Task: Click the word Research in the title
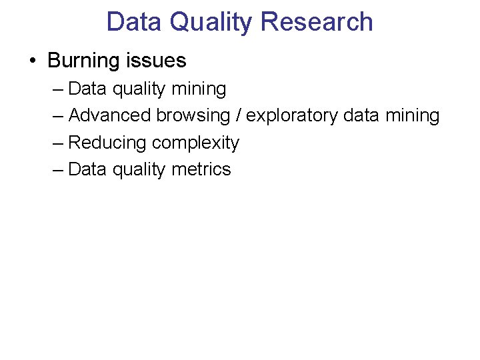tap(317, 22)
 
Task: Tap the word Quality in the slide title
tap(211, 22)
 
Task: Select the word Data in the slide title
tap(134, 22)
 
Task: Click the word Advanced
tap(110, 115)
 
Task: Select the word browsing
tap(193, 115)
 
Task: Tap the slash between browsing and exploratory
tap(238, 115)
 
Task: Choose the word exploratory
tap(292, 115)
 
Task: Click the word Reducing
tap(107, 143)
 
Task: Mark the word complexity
tap(195, 143)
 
